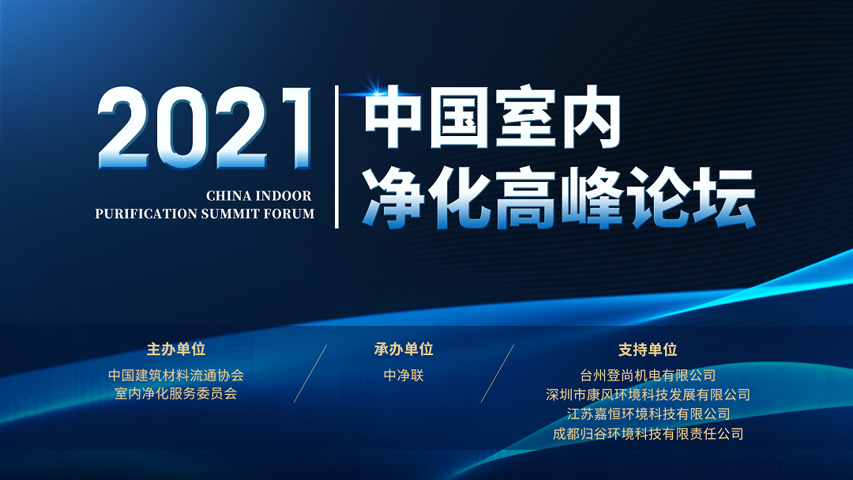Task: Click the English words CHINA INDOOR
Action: pyautogui.click(x=259, y=195)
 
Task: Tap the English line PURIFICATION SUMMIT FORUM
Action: pyautogui.click(x=205, y=214)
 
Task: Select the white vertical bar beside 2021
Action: pyautogui.click(x=336, y=157)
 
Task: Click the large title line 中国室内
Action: pyautogui.click(x=493, y=117)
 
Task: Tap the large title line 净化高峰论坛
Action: pyautogui.click(x=559, y=198)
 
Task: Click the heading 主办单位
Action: pyautogui.click(x=175, y=350)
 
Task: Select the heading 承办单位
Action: pyautogui.click(x=404, y=350)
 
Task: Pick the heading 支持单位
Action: pyautogui.click(x=648, y=350)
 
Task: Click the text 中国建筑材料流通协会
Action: pyautogui.click(x=175, y=375)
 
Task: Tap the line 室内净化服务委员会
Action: pyautogui.click(x=175, y=393)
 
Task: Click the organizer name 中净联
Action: pyautogui.click(x=404, y=375)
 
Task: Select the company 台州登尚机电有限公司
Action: pyautogui.click(x=648, y=375)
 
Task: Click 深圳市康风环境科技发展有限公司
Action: pyautogui.click(x=648, y=395)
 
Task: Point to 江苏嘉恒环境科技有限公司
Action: pyautogui.click(x=648, y=414)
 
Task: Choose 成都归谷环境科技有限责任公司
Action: pyautogui.click(x=648, y=433)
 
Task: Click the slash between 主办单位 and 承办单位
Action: pyautogui.click(x=310, y=374)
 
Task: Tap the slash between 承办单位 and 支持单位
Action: pyautogui.click(x=498, y=374)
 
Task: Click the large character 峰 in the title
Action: pyautogui.click(x=592, y=198)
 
